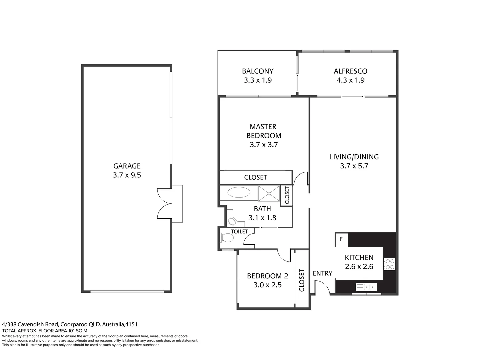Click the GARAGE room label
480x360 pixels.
tap(127, 166)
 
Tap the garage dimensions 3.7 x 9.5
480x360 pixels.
tap(127, 175)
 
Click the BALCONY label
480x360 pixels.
tap(257, 71)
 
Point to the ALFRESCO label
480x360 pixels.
tap(350, 71)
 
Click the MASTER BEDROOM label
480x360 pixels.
tap(264, 131)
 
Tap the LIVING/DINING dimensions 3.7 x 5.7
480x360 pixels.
tap(354, 166)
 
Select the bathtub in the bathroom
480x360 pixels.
tap(239, 193)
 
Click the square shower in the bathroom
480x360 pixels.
tap(269, 193)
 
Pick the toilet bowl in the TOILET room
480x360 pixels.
tap(227, 238)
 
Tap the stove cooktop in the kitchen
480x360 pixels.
tap(389, 264)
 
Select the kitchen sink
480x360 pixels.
tap(366, 287)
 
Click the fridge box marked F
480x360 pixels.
tap(341, 239)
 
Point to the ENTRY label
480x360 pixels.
tap(322, 273)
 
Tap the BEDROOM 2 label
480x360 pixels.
tap(267, 276)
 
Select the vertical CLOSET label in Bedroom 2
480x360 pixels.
tap(302, 280)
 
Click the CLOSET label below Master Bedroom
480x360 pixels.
tap(255, 177)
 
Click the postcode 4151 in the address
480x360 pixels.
tap(131, 324)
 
